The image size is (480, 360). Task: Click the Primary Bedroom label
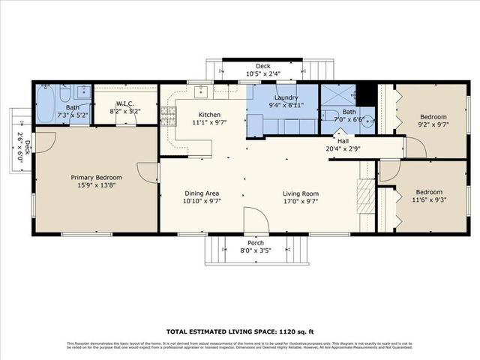(x=97, y=178)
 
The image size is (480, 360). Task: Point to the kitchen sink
(x=201, y=92)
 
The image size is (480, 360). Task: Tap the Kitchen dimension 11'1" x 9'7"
(x=210, y=121)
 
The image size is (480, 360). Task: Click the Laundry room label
(x=286, y=98)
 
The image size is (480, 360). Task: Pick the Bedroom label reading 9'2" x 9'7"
(x=433, y=117)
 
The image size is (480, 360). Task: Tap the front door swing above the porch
(x=256, y=220)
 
